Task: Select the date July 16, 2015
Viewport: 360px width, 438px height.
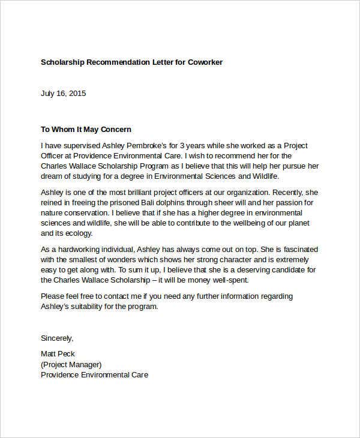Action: click(63, 93)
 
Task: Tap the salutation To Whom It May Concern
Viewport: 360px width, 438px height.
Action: click(85, 129)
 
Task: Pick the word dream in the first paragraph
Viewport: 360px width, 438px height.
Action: click(52, 176)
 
